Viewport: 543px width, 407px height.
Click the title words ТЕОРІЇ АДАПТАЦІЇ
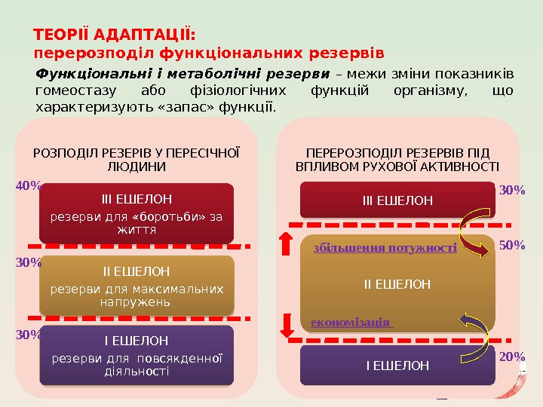(115, 36)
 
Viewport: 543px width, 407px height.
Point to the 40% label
(29, 183)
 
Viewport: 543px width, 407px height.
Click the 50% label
(512, 246)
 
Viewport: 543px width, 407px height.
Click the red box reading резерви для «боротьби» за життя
(137, 212)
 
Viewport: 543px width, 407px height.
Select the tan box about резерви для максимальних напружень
(137, 285)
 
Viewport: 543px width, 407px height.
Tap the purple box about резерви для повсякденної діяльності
(137, 355)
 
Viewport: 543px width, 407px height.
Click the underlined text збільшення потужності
(385, 247)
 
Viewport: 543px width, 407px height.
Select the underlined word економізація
(351, 322)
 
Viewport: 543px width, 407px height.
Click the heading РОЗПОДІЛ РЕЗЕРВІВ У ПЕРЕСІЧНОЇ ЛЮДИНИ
(137, 159)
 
